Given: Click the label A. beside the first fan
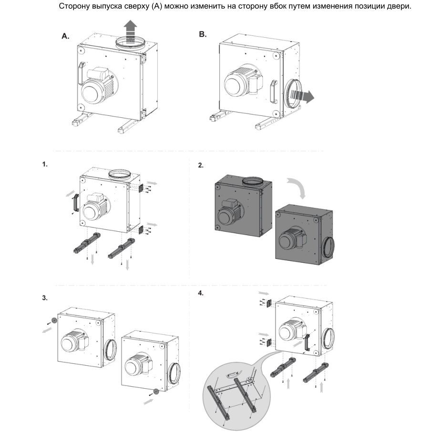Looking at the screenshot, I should coord(65,36).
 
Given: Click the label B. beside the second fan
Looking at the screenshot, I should coord(202,34).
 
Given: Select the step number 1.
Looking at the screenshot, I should coord(45,164).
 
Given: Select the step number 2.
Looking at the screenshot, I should coord(201,165).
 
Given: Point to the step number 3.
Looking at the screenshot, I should coord(45,298).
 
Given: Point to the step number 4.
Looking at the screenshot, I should coord(201,293).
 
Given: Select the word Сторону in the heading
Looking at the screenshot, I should coord(74,6).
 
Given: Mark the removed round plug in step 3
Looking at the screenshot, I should coord(54,319).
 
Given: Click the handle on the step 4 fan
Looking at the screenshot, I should coord(307,344).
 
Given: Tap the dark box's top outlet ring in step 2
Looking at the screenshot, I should coord(254,181).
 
